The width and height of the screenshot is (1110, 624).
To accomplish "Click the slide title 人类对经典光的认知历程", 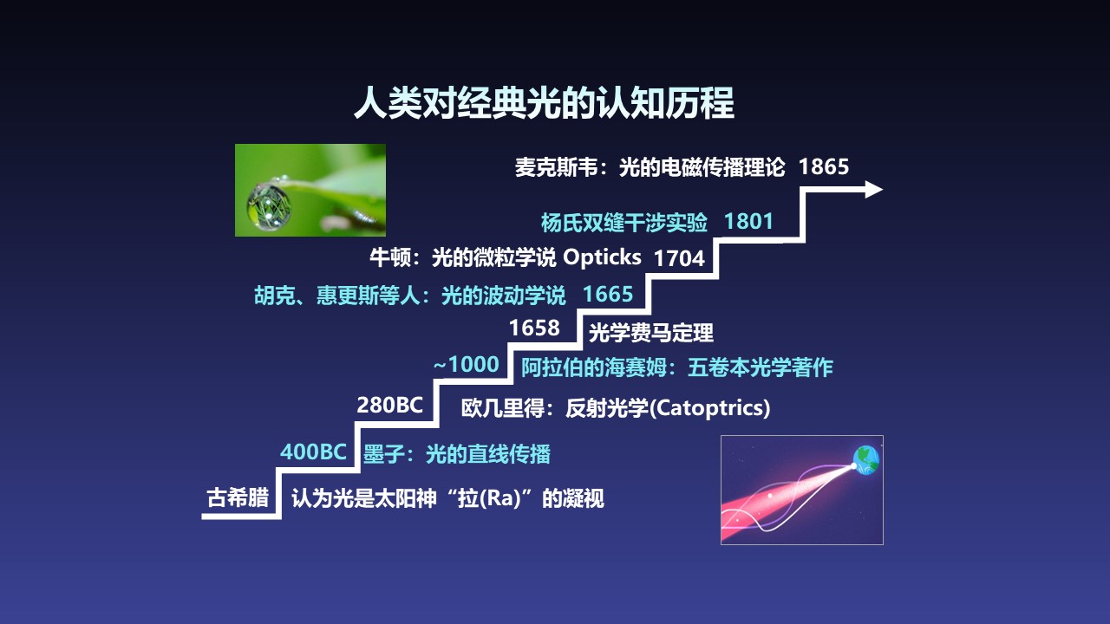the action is click(544, 102).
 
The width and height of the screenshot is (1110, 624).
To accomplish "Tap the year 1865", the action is click(824, 166).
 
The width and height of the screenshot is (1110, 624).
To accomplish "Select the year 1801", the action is click(748, 221).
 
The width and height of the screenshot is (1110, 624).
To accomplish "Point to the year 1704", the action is click(679, 258).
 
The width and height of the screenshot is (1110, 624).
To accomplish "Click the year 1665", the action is click(608, 294).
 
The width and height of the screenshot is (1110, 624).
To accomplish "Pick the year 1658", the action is click(534, 328).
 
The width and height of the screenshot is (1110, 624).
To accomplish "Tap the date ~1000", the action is click(466, 365).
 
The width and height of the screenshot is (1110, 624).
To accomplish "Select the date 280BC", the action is click(389, 405).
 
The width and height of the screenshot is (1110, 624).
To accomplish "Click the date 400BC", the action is click(313, 452).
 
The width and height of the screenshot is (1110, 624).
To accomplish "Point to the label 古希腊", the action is click(238, 497).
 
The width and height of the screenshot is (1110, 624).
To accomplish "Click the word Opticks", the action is click(602, 257).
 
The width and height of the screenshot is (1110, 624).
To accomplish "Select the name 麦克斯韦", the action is click(556, 167).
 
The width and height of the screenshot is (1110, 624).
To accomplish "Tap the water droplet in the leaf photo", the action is click(269, 207).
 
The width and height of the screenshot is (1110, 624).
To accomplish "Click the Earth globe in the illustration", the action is click(866, 460).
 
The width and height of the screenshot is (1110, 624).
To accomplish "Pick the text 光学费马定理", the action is click(651, 332).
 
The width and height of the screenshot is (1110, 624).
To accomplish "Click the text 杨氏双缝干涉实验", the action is click(624, 223).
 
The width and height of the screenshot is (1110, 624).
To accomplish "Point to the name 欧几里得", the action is click(502, 408).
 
